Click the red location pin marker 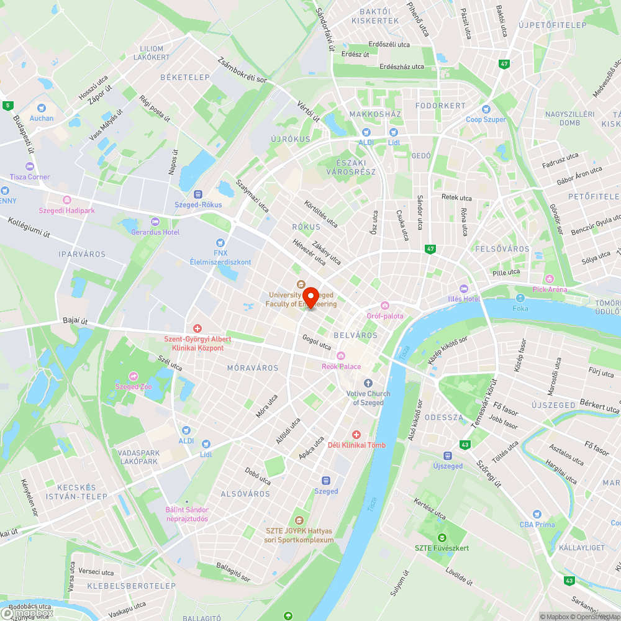309,296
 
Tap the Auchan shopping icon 42,107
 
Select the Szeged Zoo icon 133,376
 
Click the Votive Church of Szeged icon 368,383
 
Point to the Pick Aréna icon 549,279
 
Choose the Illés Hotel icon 463,289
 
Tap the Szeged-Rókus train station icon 199,194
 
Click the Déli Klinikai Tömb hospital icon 356,435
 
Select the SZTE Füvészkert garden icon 442,538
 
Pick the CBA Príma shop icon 537,514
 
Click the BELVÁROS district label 356,335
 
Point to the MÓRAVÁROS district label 253,368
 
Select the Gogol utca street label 317,342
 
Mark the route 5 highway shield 7,106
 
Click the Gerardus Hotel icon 155,222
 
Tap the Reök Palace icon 340,356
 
